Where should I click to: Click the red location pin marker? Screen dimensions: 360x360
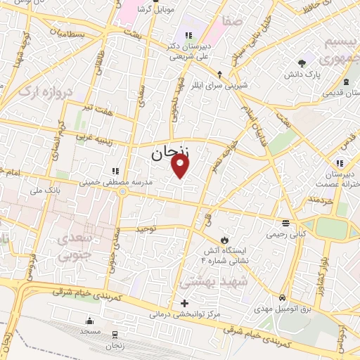click(181, 165)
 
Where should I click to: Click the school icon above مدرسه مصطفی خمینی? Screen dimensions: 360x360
click(115, 170)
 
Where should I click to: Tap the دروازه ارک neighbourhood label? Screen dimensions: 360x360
click(44, 91)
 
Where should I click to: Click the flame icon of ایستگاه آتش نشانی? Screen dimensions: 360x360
click(224, 240)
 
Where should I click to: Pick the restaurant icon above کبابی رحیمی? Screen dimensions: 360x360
click(284, 223)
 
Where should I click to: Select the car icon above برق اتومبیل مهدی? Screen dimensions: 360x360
click(283, 297)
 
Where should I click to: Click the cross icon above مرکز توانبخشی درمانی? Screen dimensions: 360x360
click(185, 304)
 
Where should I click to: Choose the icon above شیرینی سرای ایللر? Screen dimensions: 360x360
click(220, 74)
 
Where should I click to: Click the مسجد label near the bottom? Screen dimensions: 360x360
click(90, 330)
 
